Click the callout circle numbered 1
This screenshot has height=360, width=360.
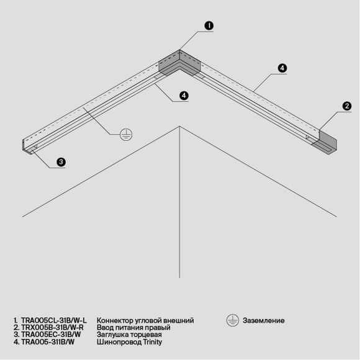(209, 25)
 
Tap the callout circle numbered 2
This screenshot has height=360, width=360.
(347, 106)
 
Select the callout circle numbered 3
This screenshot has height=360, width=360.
(61, 162)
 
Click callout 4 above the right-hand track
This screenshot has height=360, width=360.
(282, 68)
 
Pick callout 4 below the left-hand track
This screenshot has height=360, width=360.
(184, 96)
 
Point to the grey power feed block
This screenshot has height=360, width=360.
(325, 143)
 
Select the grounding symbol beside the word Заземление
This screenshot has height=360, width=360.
(232, 320)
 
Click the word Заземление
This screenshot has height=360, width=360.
(264, 321)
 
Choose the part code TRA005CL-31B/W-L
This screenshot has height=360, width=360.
(53, 321)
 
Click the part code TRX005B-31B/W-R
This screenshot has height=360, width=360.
(53, 328)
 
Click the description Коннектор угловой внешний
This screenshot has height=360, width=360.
(145, 321)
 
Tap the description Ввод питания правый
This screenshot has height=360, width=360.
(133, 328)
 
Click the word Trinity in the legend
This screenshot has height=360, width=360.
(157, 342)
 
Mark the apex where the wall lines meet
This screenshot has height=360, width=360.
(179, 127)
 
